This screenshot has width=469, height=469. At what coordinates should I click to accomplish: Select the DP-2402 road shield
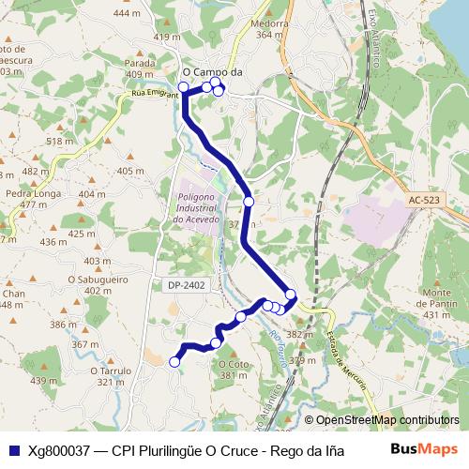tap(187, 284)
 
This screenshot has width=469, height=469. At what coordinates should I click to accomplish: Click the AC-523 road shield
tap(424, 200)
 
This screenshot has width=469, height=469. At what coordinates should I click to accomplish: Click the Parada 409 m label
tap(140, 68)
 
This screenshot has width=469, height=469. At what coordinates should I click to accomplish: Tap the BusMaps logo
tap(424, 450)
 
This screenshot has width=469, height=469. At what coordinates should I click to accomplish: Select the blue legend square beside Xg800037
tap(13, 450)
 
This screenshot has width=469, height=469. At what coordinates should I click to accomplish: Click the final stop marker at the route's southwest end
tap(174, 361)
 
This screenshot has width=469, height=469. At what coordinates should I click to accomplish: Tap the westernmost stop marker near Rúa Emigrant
tap(183, 87)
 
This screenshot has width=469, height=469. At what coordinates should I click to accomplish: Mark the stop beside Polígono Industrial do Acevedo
tap(249, 201)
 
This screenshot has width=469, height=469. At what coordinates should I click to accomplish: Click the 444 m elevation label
tap(126, 14)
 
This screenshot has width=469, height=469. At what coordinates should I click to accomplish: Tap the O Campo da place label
tap(212, 70)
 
